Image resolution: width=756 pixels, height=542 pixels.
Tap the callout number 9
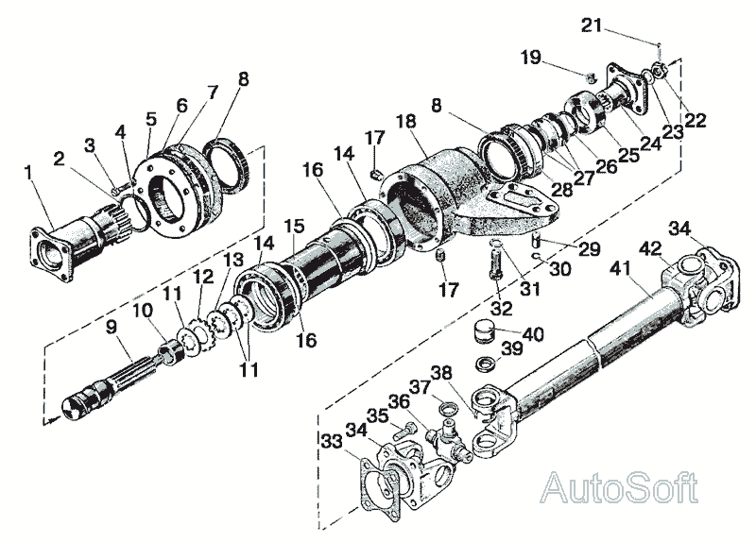point(112,328)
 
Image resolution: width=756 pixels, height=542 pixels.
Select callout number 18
point(406,122)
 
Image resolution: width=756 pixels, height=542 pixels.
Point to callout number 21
point(592,25)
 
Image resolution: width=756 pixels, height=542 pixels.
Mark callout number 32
point(503,309)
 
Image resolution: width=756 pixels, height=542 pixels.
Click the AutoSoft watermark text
point(619,488)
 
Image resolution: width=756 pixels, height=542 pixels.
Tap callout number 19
point(531,58)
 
